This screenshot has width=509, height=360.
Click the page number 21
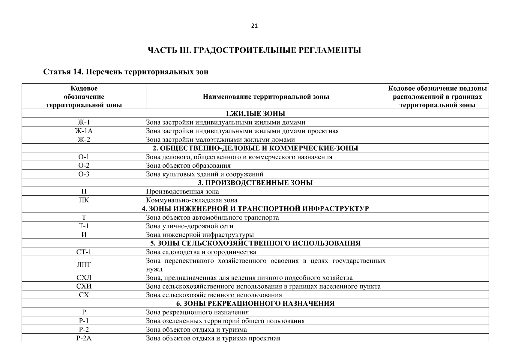[x=254, y=26]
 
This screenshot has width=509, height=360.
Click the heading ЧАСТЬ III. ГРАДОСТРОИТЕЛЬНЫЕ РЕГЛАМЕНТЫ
[x=254, y=50]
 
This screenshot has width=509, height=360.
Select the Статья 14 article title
[x=126, y=72]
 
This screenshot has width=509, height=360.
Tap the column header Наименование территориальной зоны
[x=266, y=97]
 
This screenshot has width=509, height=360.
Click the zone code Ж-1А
[x=84, y=131]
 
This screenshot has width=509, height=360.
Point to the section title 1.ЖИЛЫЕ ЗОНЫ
[x=255, y=113]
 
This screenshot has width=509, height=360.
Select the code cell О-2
[x=84, y=166]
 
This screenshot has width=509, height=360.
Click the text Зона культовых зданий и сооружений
[x=205, y=174]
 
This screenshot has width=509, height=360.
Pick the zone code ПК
[x=84, y=200]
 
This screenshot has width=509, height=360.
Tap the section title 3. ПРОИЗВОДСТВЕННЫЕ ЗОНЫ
[x=255, y=183]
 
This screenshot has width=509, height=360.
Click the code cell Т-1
[x=84, y=226]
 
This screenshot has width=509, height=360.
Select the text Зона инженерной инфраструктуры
[x=200, y=235]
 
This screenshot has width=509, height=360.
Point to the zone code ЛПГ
[x=84, y=265]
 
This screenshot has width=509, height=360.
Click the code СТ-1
[x=84, y=252]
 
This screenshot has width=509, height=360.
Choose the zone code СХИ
[x=84, y=286]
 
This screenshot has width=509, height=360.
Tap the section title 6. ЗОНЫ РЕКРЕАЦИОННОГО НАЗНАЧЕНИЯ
[x=255, y=304]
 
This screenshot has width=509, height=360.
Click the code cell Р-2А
[x=84, y=338]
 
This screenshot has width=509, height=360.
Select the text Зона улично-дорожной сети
[x=190, y=226]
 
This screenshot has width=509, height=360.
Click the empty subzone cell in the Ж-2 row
[x=437, y=139]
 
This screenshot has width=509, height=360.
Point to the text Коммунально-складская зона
[x=192, y=200]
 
